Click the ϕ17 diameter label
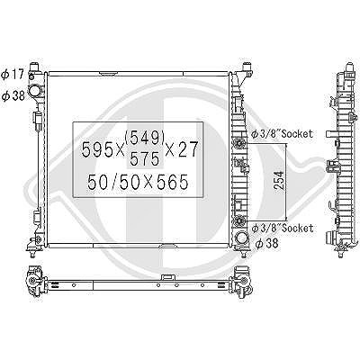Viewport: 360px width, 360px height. click(x=13, y=74)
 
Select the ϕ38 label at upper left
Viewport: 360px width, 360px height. click(x=13, y=96)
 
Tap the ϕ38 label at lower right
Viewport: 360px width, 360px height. click(x=266, y=243)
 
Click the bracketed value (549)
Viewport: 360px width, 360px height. click(x=144, y=138)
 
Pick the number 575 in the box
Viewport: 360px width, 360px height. click(x=144, y=159)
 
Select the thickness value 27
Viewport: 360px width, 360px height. click(x=187, y=149)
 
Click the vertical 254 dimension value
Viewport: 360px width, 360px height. click(x=279, y=180)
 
